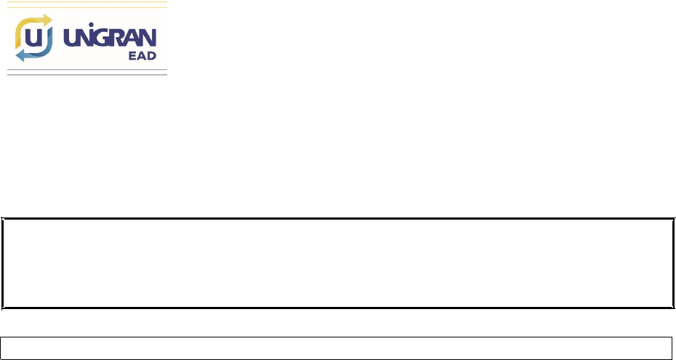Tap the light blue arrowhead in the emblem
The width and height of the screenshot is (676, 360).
(x=20, y=55)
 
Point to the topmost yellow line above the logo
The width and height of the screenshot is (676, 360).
(x=87, y=3)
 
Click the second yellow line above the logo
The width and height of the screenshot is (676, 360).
(x=87, y=7)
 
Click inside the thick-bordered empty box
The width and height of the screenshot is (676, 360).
(x=337, y=263)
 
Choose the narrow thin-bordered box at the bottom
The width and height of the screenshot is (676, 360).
(x=337, y=346)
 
